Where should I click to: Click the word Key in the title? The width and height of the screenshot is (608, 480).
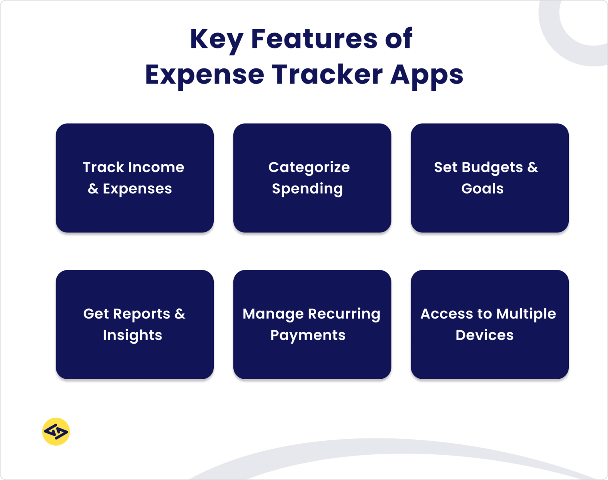(x=216, y=40)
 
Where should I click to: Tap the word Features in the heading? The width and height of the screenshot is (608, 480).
(x=314, y=39)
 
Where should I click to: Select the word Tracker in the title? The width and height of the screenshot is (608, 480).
(x=327, y=75)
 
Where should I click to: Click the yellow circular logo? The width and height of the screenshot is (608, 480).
(x=56, y=432)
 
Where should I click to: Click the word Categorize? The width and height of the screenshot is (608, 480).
(x=309, y=168)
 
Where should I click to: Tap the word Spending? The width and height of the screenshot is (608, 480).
(x=307, y=189)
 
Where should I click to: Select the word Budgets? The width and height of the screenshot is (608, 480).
(x=492, y=168)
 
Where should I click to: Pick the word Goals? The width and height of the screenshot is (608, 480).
(x=482, y=188)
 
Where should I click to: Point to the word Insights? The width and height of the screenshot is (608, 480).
(x=132, y=335)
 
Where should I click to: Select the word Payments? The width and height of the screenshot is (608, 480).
(x=308, y=336)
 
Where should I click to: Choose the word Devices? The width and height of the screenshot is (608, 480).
(x=484, y=335)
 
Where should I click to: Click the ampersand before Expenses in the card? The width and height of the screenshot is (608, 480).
(x=93, y=189)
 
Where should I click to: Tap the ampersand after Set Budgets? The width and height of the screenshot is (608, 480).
(x=533, y=167)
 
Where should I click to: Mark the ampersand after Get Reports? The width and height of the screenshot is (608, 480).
(x=180, y=314)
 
